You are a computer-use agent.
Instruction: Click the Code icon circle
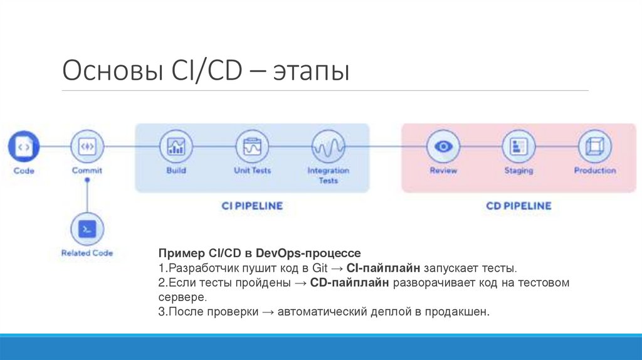[x=24, y=147]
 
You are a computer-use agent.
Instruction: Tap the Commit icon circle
[x=87, y=147]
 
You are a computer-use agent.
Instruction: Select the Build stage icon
[x=176, y=147]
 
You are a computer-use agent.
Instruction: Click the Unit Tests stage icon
[x=252, y=147]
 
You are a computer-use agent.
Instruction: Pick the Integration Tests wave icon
[x=328, y=147]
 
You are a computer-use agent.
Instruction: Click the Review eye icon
[x=443, y=147]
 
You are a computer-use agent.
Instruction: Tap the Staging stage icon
[x=518, y=147]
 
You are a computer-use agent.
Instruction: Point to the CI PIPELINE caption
[x=252, y=206]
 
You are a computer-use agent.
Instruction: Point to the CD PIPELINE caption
[x=518, y=206]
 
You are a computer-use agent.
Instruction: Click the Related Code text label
[x=87, y=253]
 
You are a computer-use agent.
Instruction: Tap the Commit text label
[x=87, y=171]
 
